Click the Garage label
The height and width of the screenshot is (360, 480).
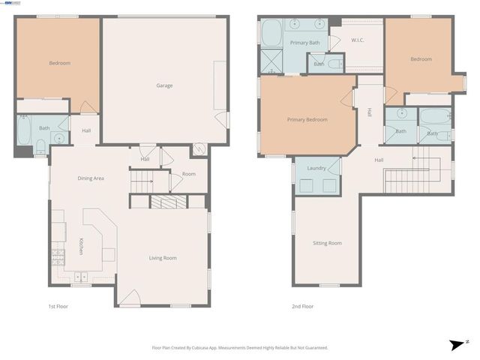164,85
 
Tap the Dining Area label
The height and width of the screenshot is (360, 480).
91,178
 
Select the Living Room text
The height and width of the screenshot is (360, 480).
163,258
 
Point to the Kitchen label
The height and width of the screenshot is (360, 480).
81,246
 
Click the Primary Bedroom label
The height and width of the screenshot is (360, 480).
307,119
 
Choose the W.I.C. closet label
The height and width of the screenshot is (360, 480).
357,40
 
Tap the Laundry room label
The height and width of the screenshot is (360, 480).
316,168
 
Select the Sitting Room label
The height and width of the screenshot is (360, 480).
327,243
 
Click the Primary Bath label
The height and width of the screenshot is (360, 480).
304,43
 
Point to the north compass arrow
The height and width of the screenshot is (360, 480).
457,344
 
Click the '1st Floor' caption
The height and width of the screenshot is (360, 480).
58,306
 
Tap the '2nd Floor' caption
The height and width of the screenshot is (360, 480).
302,306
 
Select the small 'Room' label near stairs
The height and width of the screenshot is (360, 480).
188,174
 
